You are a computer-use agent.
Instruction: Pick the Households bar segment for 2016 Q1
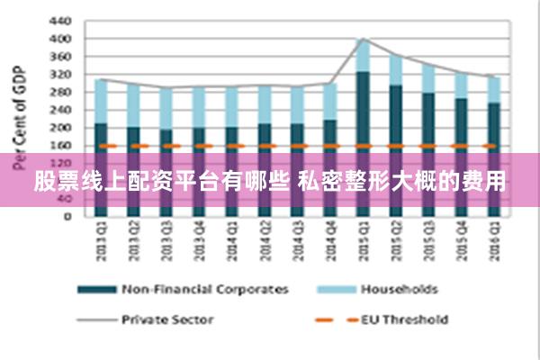[493, 90]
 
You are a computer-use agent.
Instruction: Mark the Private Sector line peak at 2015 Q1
[363, 39]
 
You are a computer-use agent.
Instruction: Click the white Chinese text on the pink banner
[270, 183]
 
